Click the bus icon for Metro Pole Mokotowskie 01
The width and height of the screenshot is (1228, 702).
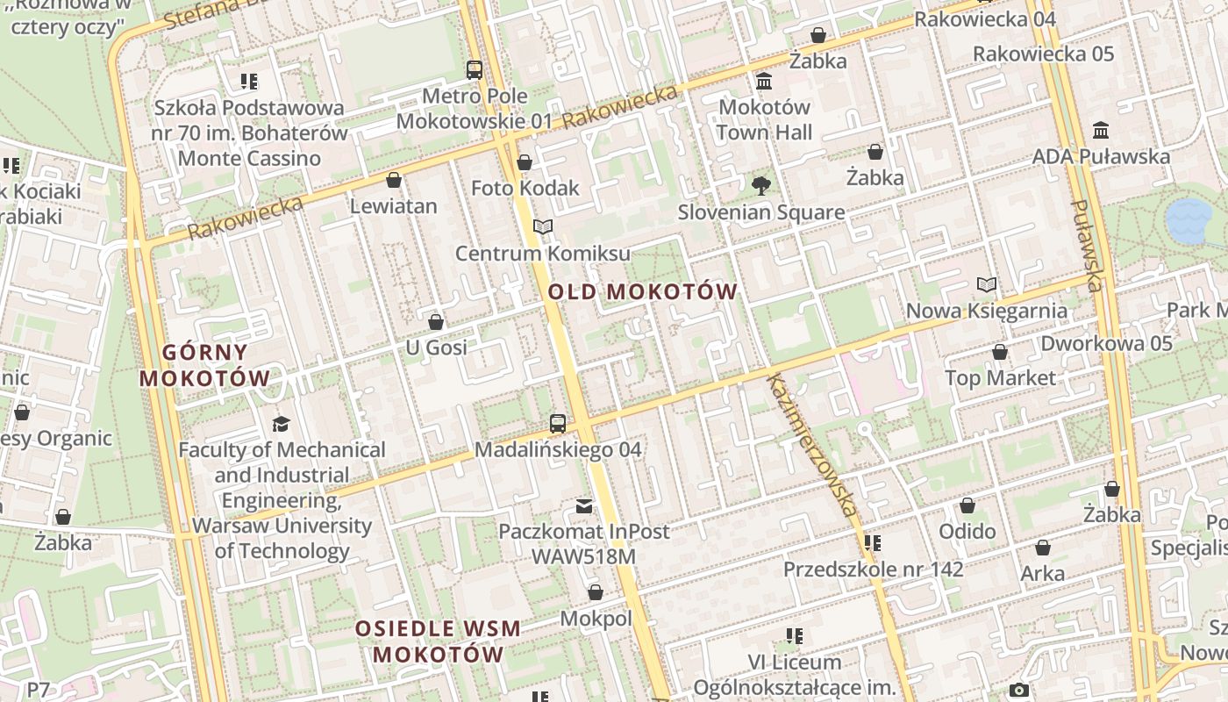(x=475, y=70)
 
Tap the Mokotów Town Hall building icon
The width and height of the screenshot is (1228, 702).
(x=764, y=82)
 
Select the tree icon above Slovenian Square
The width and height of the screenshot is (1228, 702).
(x=760, y=185)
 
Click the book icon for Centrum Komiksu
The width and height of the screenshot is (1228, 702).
(x=543, y=227)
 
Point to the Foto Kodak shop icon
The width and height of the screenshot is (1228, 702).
(x=525, y=162)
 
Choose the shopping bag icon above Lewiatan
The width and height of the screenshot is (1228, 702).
(x=394, y=180)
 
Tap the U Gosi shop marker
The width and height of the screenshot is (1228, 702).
(x=436, y=322)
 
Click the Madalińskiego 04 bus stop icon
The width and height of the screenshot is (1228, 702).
(x=558, y=424)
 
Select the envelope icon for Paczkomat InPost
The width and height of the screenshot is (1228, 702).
(x=584, y=505)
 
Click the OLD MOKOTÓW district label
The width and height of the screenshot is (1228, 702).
(x=643, y=291)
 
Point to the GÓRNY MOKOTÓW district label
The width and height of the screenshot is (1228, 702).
(x=205, y=365)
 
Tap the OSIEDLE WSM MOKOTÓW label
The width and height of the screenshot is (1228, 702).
(x=438, y=641)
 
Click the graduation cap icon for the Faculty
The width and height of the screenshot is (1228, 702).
(x=281, y=424)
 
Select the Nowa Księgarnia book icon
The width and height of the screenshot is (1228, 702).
(x=987, y=285)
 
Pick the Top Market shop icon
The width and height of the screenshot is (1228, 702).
(x=1000, y=353)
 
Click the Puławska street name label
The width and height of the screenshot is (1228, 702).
(x=1086, y=246)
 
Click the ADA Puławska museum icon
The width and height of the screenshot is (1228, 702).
(x=1101, y=131)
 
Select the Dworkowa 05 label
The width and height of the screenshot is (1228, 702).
(x=1105, y=343)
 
